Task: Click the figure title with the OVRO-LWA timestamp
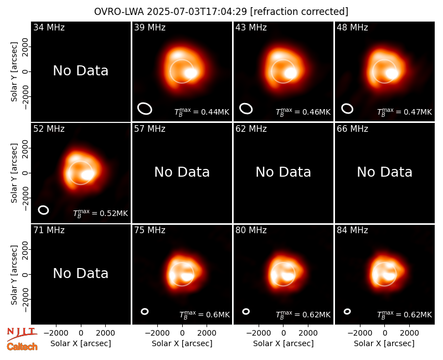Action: (221, 12)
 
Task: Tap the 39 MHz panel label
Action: (150, 27)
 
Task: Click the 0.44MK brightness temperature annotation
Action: (202, 112)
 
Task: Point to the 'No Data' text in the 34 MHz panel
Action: (80, 71)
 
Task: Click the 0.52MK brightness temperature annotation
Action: (101, 213)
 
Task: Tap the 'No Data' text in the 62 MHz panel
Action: (284, 172)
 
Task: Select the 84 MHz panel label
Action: (352, 230)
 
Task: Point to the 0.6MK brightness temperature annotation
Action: (204, 315)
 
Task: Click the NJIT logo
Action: (22, 333)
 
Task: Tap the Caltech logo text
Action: (22, 347)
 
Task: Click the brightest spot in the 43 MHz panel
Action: (290, 73)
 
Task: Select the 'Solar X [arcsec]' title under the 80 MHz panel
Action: (284, 343)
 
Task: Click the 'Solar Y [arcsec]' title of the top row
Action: (14, 72)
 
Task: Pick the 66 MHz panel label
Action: (352, 129)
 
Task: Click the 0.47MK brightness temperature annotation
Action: (405, 112)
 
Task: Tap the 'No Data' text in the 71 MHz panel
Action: (80, 273)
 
